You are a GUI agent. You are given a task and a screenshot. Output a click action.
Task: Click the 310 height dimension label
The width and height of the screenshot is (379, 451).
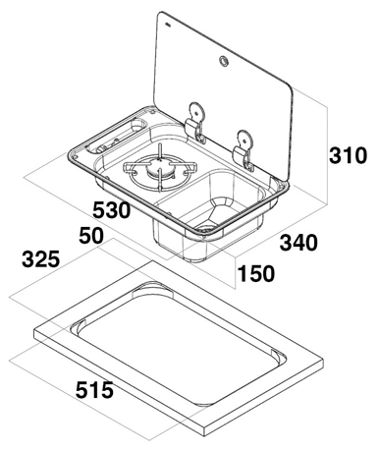(348, 155)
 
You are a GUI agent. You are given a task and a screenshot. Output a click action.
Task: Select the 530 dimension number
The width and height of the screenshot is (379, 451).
(112, 210)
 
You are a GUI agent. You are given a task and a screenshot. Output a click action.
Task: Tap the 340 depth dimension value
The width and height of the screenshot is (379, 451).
(298, 243)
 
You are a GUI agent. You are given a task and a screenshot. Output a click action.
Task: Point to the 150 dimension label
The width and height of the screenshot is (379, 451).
(256, 273)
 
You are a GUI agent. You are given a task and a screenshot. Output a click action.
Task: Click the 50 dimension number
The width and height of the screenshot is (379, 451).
(91, 236)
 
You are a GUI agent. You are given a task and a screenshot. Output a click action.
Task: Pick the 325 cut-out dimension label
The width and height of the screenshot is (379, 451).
(41, 259)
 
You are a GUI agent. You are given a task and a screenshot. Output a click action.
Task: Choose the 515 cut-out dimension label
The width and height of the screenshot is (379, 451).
(94, 390)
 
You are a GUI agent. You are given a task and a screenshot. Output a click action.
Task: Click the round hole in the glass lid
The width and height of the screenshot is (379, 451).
(224, 61)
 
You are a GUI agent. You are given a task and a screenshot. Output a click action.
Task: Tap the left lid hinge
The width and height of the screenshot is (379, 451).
(196, 123)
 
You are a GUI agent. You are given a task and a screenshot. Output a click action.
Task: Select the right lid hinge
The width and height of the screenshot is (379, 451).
(244, 149)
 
